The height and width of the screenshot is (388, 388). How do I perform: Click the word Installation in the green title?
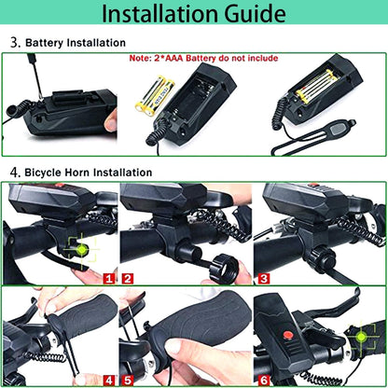pyautogui.click(x=161, y=15)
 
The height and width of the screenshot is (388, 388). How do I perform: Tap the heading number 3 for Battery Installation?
pyautogui.click(x=14, y=43)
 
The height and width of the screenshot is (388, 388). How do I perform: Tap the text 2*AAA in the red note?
pyautogui.click(x=188, y=57)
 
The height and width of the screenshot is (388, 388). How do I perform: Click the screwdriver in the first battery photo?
pyautogui.click(x=35, y=76)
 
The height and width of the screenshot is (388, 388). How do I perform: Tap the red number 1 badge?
pyautogui.click(x=109, y=277)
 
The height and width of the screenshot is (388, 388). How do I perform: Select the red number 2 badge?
pyautogui.click(x=128, y=277)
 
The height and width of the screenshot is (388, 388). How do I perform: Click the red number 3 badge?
pyautogui.click(x=264, y=277)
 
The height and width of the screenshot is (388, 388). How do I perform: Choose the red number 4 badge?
pyautogui.click(x=109, y=380)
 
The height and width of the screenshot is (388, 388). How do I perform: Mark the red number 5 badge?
pyautogui.click(x=128, y=380)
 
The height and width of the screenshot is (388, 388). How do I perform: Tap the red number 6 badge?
pyautogui.click(x=264, y=380)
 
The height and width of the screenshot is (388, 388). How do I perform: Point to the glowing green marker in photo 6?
pyautogui.click(x=360, y=334)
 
